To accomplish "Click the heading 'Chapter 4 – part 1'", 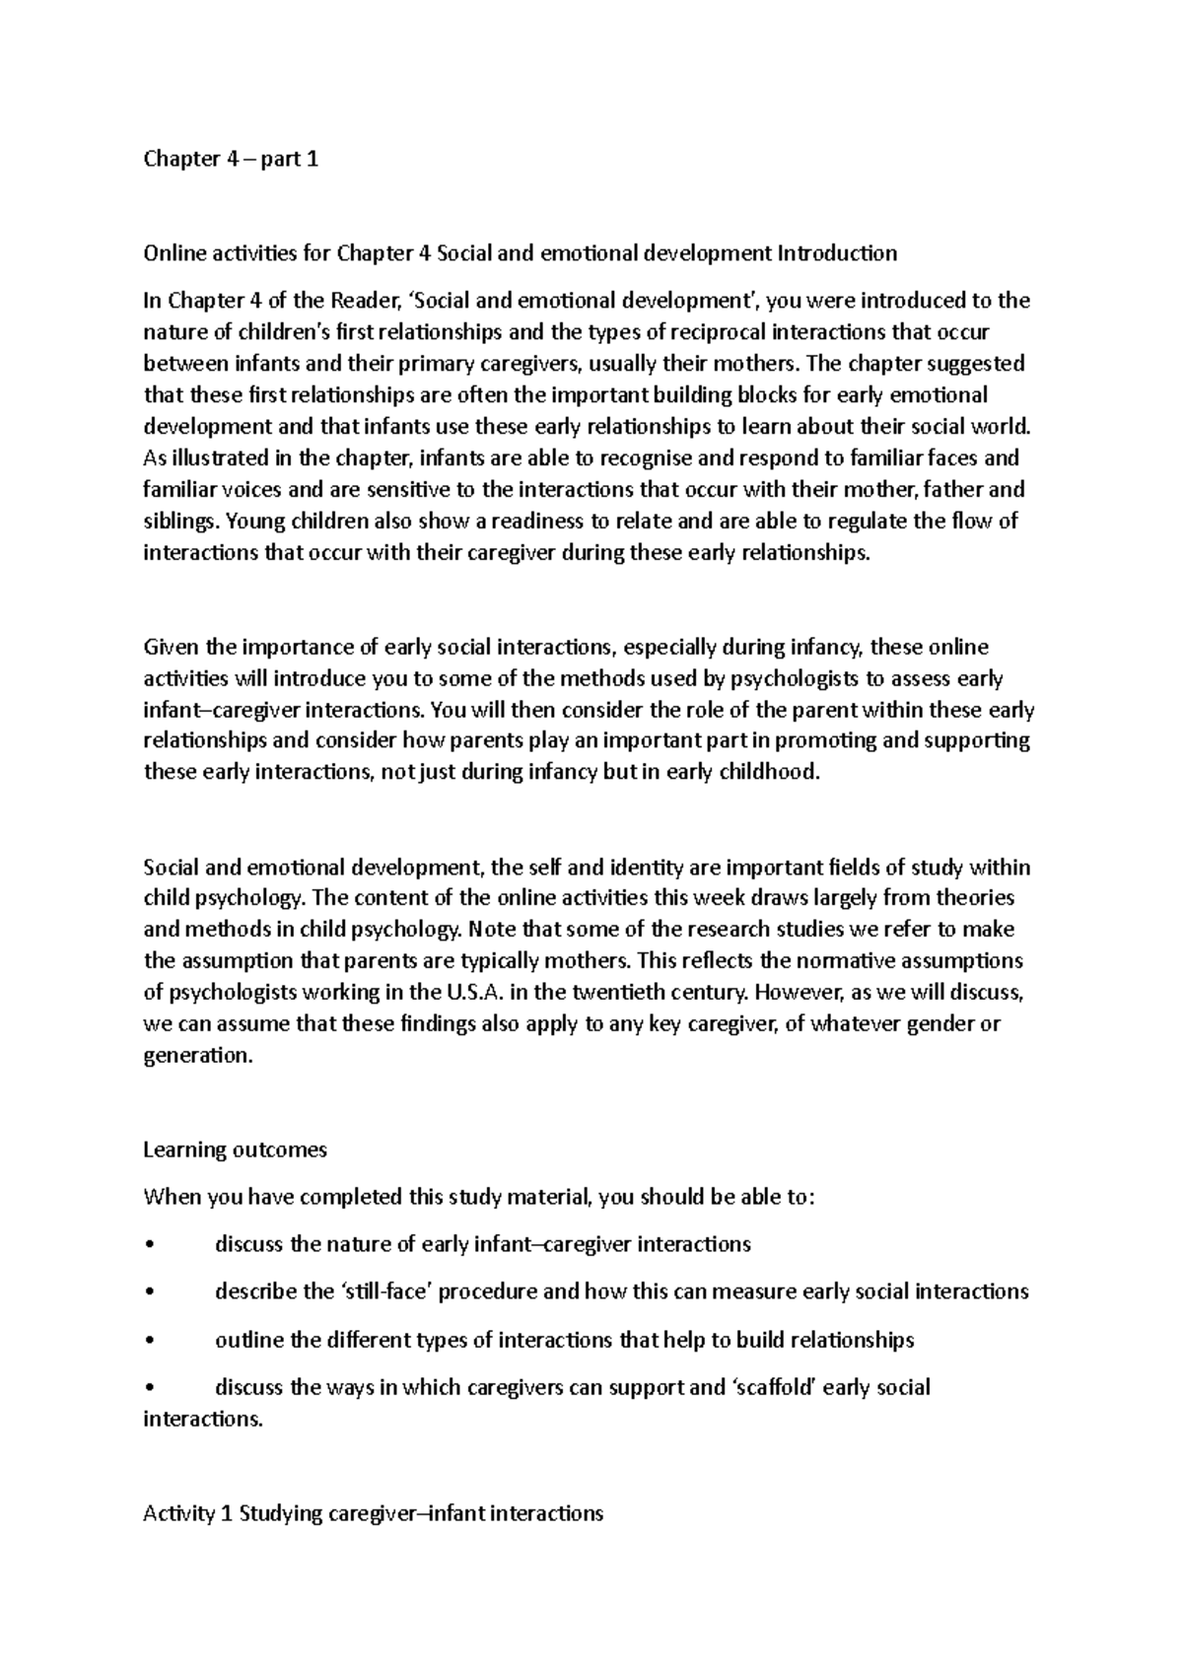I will [231, 159].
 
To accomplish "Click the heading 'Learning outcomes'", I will [235, 1151].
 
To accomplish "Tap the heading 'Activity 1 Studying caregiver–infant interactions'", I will [373, 1513].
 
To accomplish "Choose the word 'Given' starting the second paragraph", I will [172, 648].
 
